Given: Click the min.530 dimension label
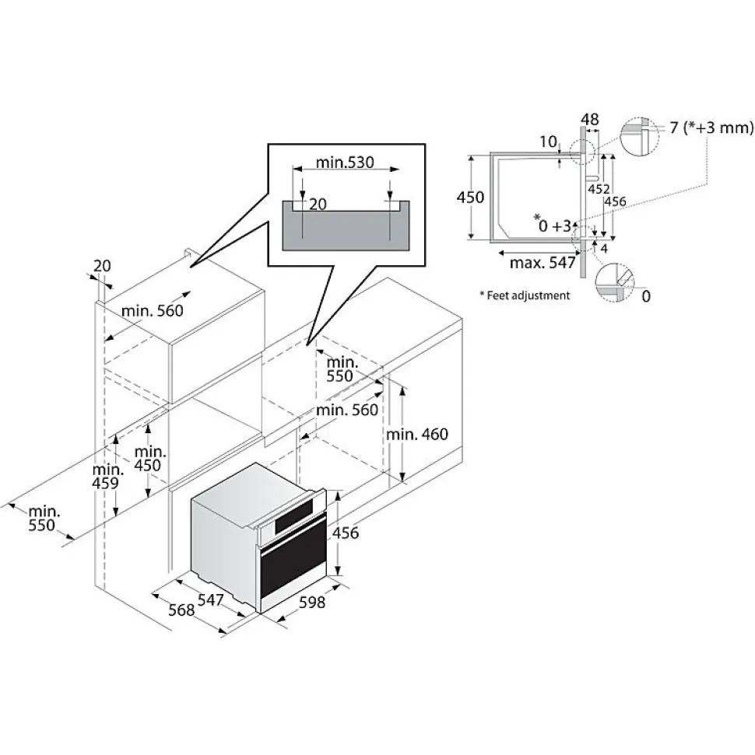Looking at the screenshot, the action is coord(345,163).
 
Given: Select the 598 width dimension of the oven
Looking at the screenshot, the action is coord(312,602).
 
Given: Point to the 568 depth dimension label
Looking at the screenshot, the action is coord(181,610).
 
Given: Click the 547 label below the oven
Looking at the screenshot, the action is coord(211,599).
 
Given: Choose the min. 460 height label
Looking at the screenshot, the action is coord(417,435).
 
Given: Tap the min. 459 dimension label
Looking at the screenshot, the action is coord(107,476).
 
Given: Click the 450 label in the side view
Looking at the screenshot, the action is coord(470,197).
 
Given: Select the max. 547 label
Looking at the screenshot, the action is coord(543,262).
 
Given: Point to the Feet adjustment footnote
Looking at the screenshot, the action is coord(525,295).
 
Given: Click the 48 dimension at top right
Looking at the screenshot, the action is coord(590,119).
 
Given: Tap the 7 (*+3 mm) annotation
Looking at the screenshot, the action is coord(711,128).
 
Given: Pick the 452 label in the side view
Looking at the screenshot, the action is coord(599,189).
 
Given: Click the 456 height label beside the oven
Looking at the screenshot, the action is coord(345,533).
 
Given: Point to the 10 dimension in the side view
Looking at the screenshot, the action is coord(548,142).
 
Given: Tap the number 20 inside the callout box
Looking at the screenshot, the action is coord(318,204).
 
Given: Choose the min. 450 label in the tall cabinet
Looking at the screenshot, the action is coord(150,459).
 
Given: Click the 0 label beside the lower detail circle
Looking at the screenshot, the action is coord(646,296).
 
